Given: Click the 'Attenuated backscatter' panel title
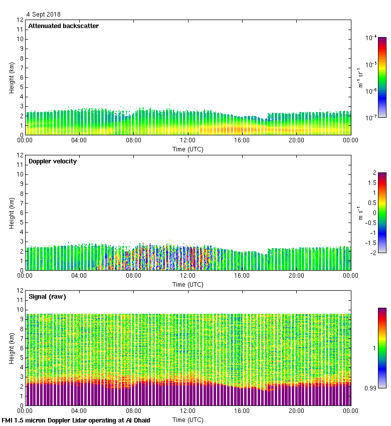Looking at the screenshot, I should (x=63, y=26).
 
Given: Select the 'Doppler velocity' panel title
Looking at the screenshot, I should (x=53, y=161).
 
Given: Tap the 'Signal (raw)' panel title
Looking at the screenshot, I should (x=47, y=296).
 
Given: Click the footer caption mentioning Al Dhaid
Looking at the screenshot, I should (x=76, y=420).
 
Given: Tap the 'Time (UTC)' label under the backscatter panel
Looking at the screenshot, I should (x=188, y=149).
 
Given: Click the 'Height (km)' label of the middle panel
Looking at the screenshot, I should (x=11, y=212).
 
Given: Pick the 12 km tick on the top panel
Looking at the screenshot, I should (x=20, y=20).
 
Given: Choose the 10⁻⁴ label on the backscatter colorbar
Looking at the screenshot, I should (x=371, y=38).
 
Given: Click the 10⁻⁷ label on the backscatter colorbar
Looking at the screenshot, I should (x=371, y=117).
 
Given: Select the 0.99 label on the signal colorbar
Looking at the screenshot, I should (x=371, y=387).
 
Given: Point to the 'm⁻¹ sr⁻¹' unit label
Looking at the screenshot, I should (x=361, y=77).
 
